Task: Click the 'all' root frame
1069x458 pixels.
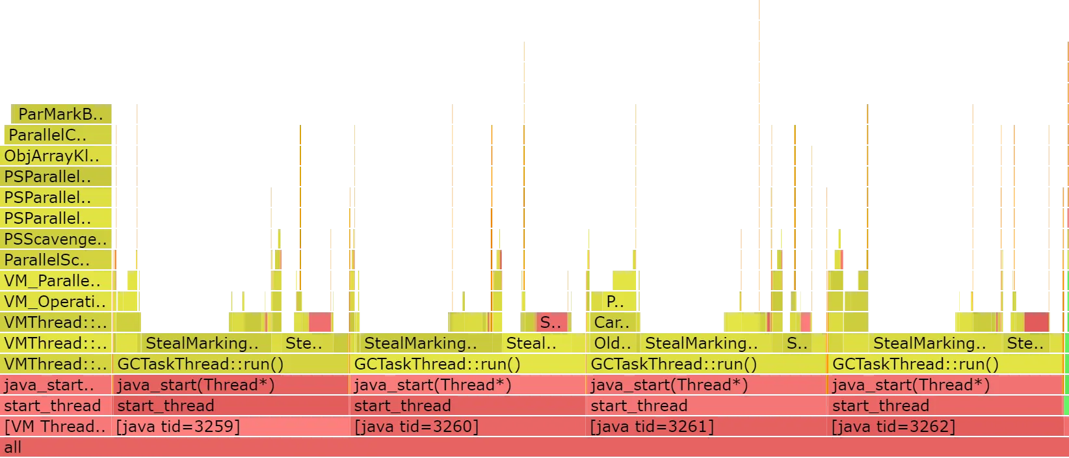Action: pyautogui.click(x=533, y=448)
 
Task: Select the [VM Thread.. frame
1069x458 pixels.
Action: pyautogui.click(x=56, y=427)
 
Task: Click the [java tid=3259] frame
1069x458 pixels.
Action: pyautogui.click(x=231, y=427)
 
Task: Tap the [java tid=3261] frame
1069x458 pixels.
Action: pyautogui.click(x=706, y=427)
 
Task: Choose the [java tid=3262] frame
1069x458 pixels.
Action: pyautogui.click(x=946, y=427)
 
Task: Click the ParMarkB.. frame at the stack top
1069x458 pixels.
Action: pyautogui.click(x=62, y=114)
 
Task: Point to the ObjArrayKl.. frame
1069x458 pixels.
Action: pyautogui.click(x=57, y=156)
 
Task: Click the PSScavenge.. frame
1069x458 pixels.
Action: pyautogui.click(x=57, y=239)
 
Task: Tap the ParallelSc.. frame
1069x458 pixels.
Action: pyautogui.click(x=57, y=260)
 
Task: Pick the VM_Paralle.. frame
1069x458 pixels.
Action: pyautogui.click(x=57, y=281)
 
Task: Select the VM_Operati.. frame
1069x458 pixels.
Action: pyautogui.click(x=57, y=302)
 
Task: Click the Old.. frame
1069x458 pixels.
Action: pyautogui.click(x=613, y=343)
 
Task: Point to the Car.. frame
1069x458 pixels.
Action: pyautogui.click(x=613, y=323)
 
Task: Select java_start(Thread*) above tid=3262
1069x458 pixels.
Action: pyautogui.click(x=946, y=385)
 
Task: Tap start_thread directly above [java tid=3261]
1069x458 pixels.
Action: pyautogui.click(x=706, y=406)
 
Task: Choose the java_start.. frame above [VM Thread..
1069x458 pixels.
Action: pyautogui.click(x=57, y=385)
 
